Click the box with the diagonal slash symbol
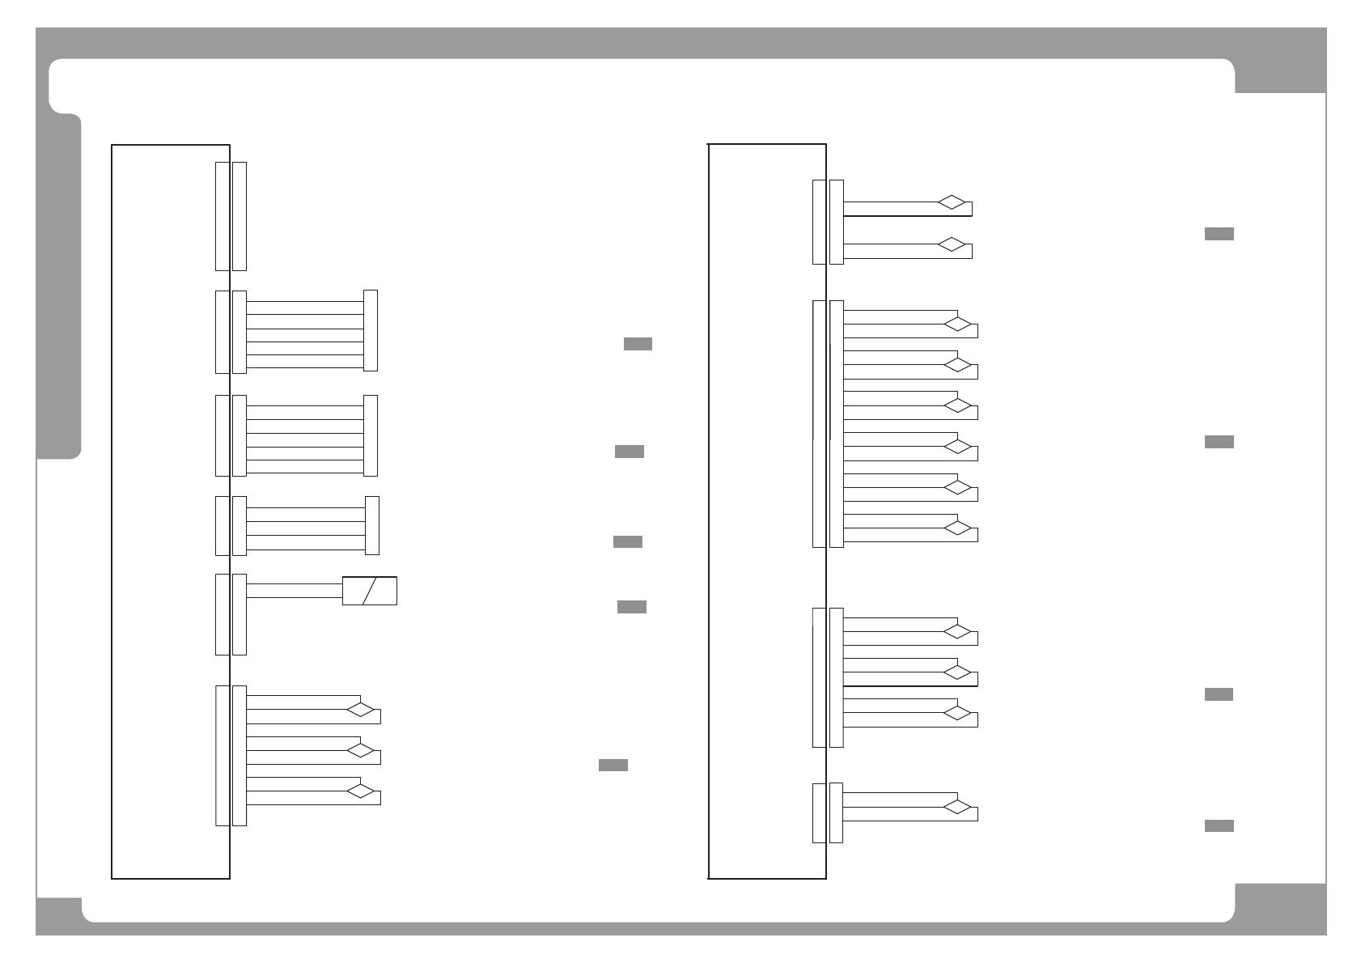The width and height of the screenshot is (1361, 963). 370,591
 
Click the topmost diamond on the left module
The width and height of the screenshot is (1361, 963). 361,710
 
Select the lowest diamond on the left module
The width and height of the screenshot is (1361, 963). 361,791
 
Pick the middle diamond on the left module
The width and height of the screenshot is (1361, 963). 361,750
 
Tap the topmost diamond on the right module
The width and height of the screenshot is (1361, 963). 952,202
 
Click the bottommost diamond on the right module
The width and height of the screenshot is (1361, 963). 957,807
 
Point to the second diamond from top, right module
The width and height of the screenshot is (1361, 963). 952,244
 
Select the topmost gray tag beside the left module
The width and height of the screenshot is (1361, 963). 638,345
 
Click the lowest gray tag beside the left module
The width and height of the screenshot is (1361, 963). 613,766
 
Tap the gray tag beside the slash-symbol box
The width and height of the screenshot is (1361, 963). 631,607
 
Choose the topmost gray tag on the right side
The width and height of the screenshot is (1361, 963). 1219,234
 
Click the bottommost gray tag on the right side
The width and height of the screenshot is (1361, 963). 1219,825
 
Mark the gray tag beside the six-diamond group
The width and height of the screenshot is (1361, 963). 1219,442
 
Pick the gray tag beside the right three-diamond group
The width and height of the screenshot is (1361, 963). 1219,694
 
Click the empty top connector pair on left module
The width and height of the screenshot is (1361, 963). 231,216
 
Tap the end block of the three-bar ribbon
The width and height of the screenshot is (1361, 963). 372,525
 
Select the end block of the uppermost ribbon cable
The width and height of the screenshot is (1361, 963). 371,330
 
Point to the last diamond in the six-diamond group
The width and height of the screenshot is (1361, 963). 957,528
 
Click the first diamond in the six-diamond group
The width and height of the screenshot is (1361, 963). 957,325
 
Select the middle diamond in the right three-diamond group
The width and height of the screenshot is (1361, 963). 957,672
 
